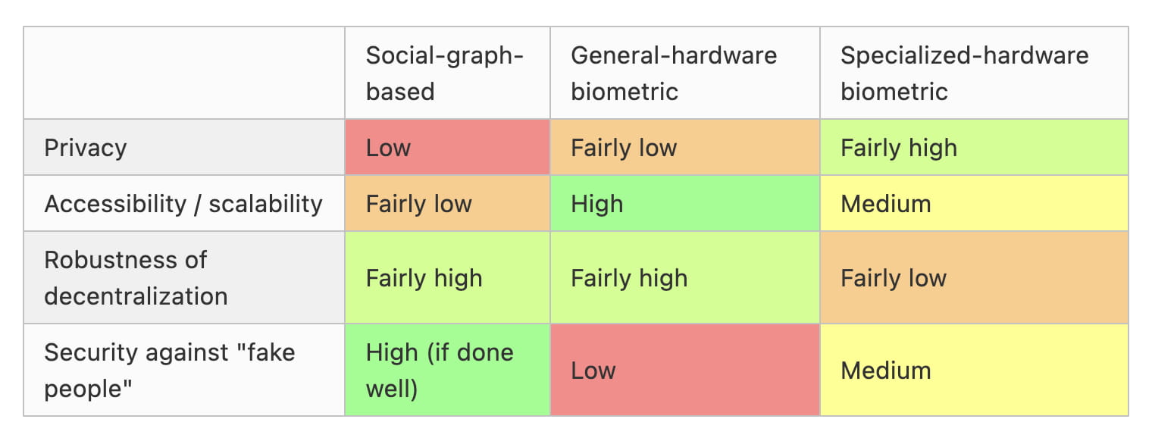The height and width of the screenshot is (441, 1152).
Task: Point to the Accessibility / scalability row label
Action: click(183, 204)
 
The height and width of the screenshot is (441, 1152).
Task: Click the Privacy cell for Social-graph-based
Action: click(447, 148)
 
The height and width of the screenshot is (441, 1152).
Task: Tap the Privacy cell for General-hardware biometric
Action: click(685, 148)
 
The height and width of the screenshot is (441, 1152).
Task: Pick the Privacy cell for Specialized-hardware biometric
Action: click(974, 148)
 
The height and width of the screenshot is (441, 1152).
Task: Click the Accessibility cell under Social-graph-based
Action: click(447, 204)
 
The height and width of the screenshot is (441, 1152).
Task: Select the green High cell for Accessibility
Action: click(685, 204)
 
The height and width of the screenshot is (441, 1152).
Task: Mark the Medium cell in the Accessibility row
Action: click(974, 204)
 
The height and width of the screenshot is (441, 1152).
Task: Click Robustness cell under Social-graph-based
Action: click(447, 277)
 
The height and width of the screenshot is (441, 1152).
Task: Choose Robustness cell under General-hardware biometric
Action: click(685, 277)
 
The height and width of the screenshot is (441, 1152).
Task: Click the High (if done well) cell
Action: click(447, 370)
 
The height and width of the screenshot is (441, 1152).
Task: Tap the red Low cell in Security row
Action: click(685, 370)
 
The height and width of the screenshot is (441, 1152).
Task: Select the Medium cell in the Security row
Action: click(974, 370)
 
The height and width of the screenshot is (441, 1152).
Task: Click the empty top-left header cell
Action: click(184, 73)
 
